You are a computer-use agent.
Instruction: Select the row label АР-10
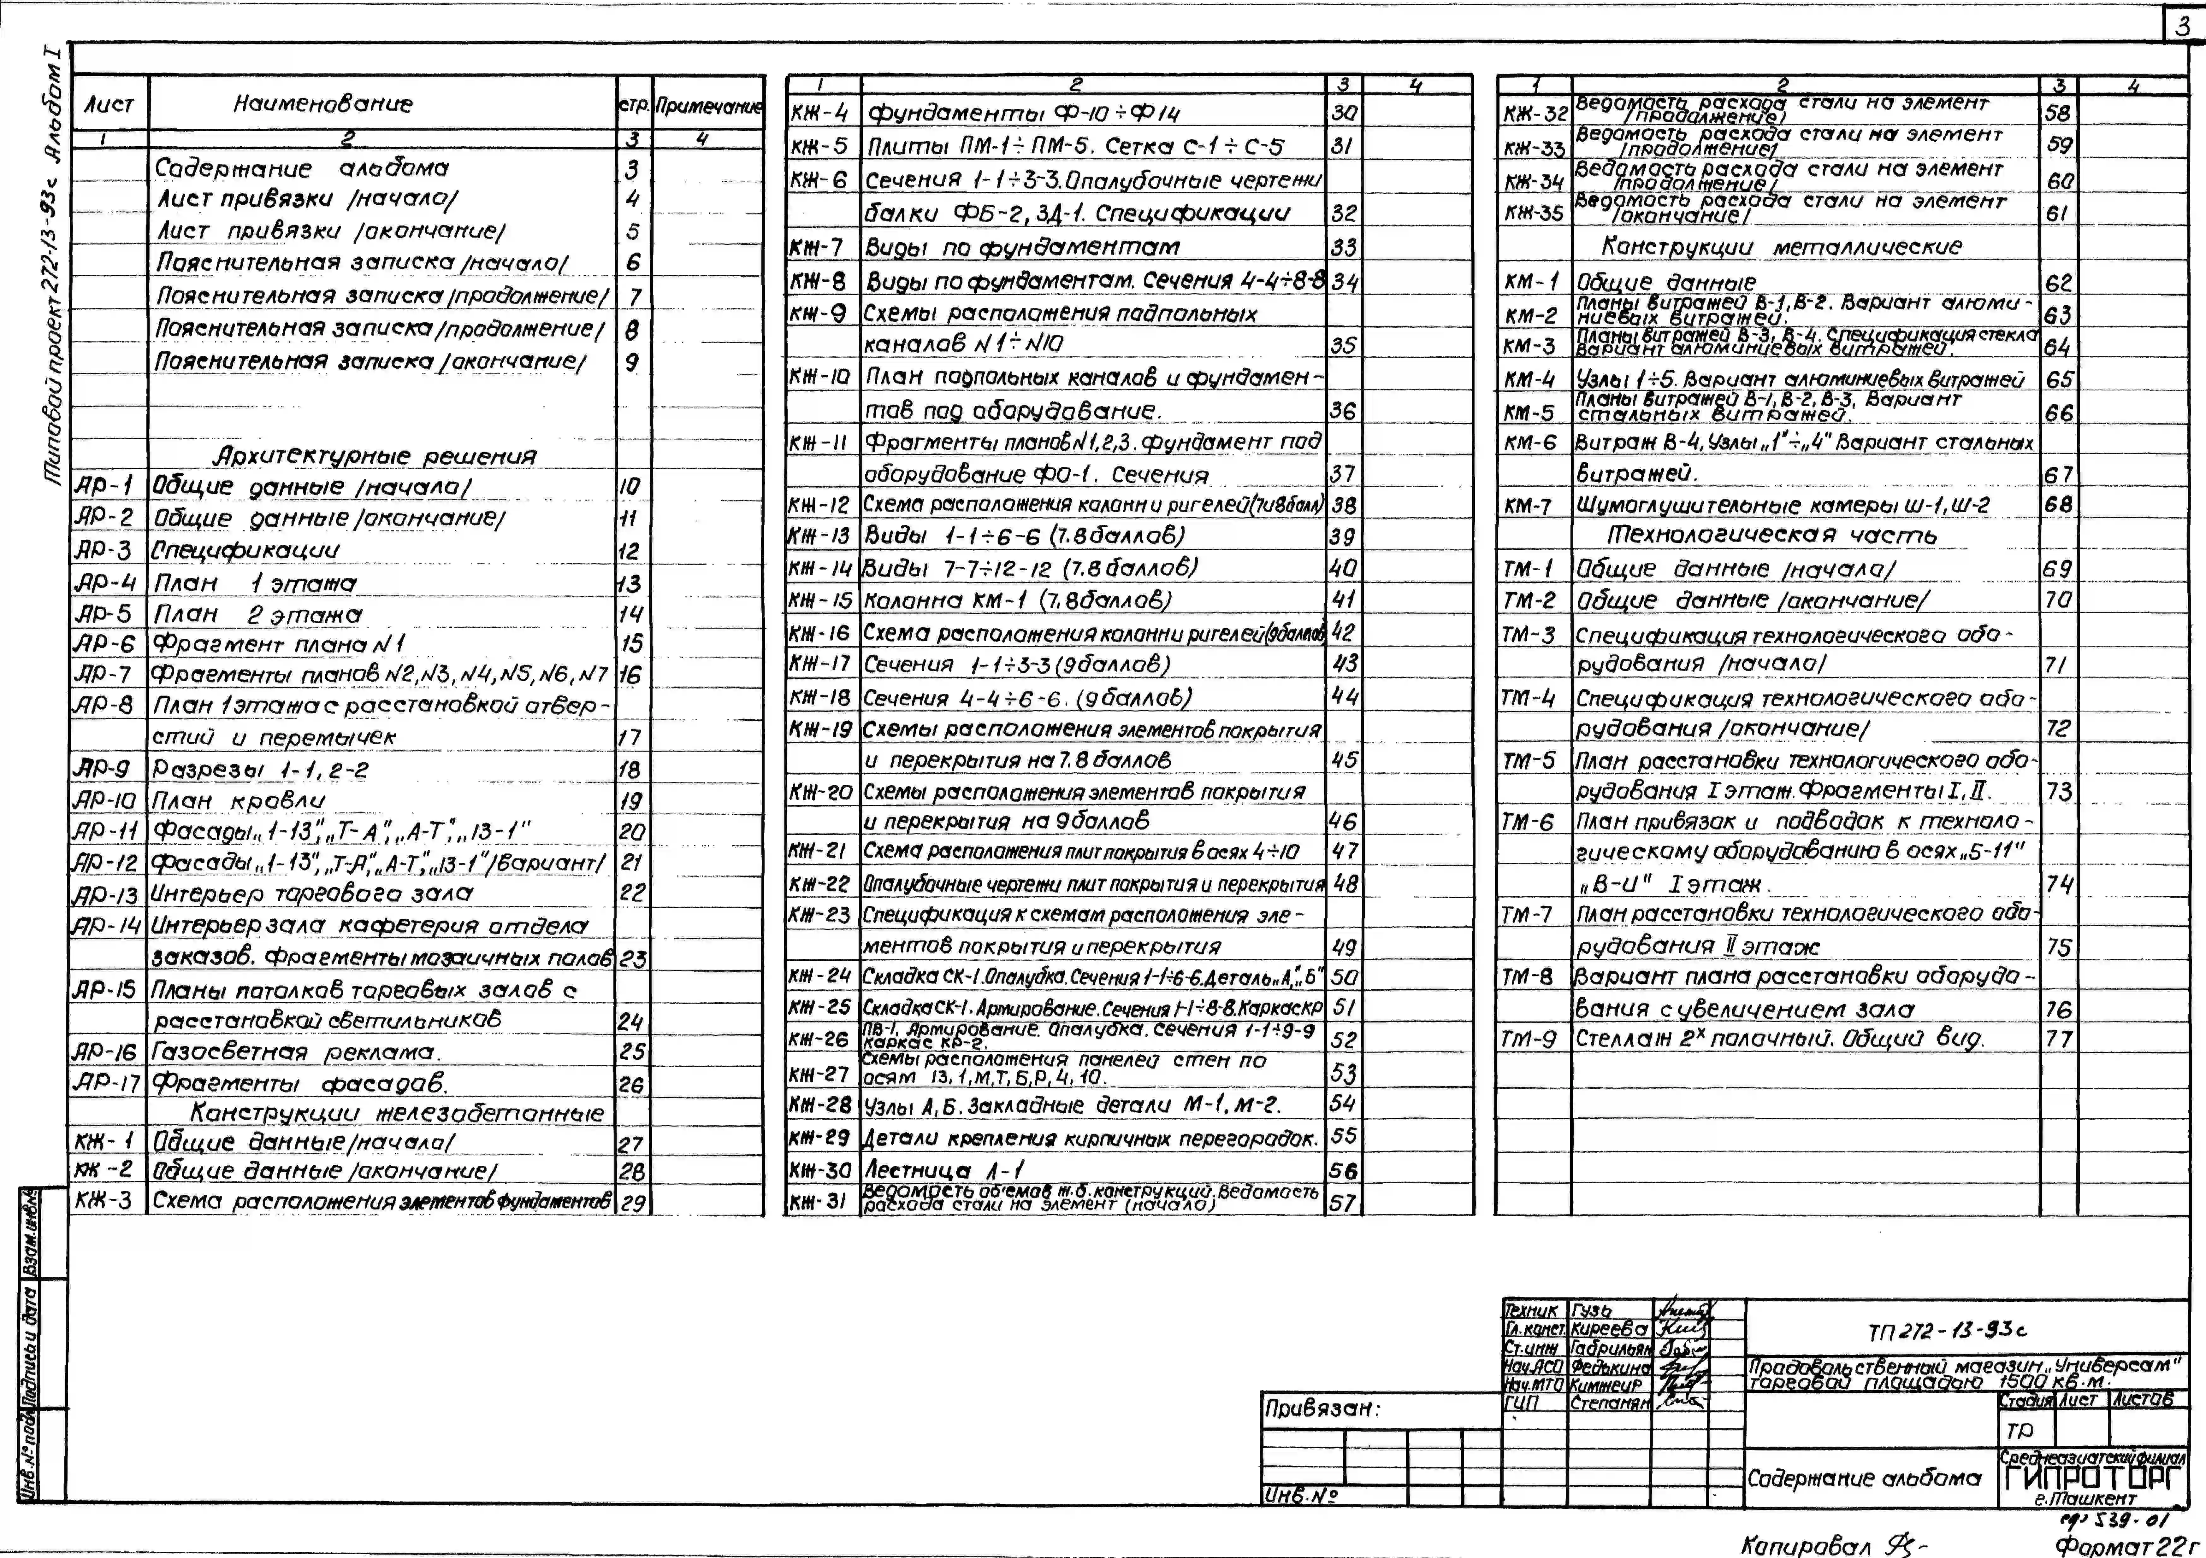[106, 800]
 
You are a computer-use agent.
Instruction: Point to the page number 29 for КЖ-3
[632, 1202]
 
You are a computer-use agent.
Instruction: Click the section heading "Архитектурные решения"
[375, 455]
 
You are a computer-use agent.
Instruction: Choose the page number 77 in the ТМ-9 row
[2058, 1038]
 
